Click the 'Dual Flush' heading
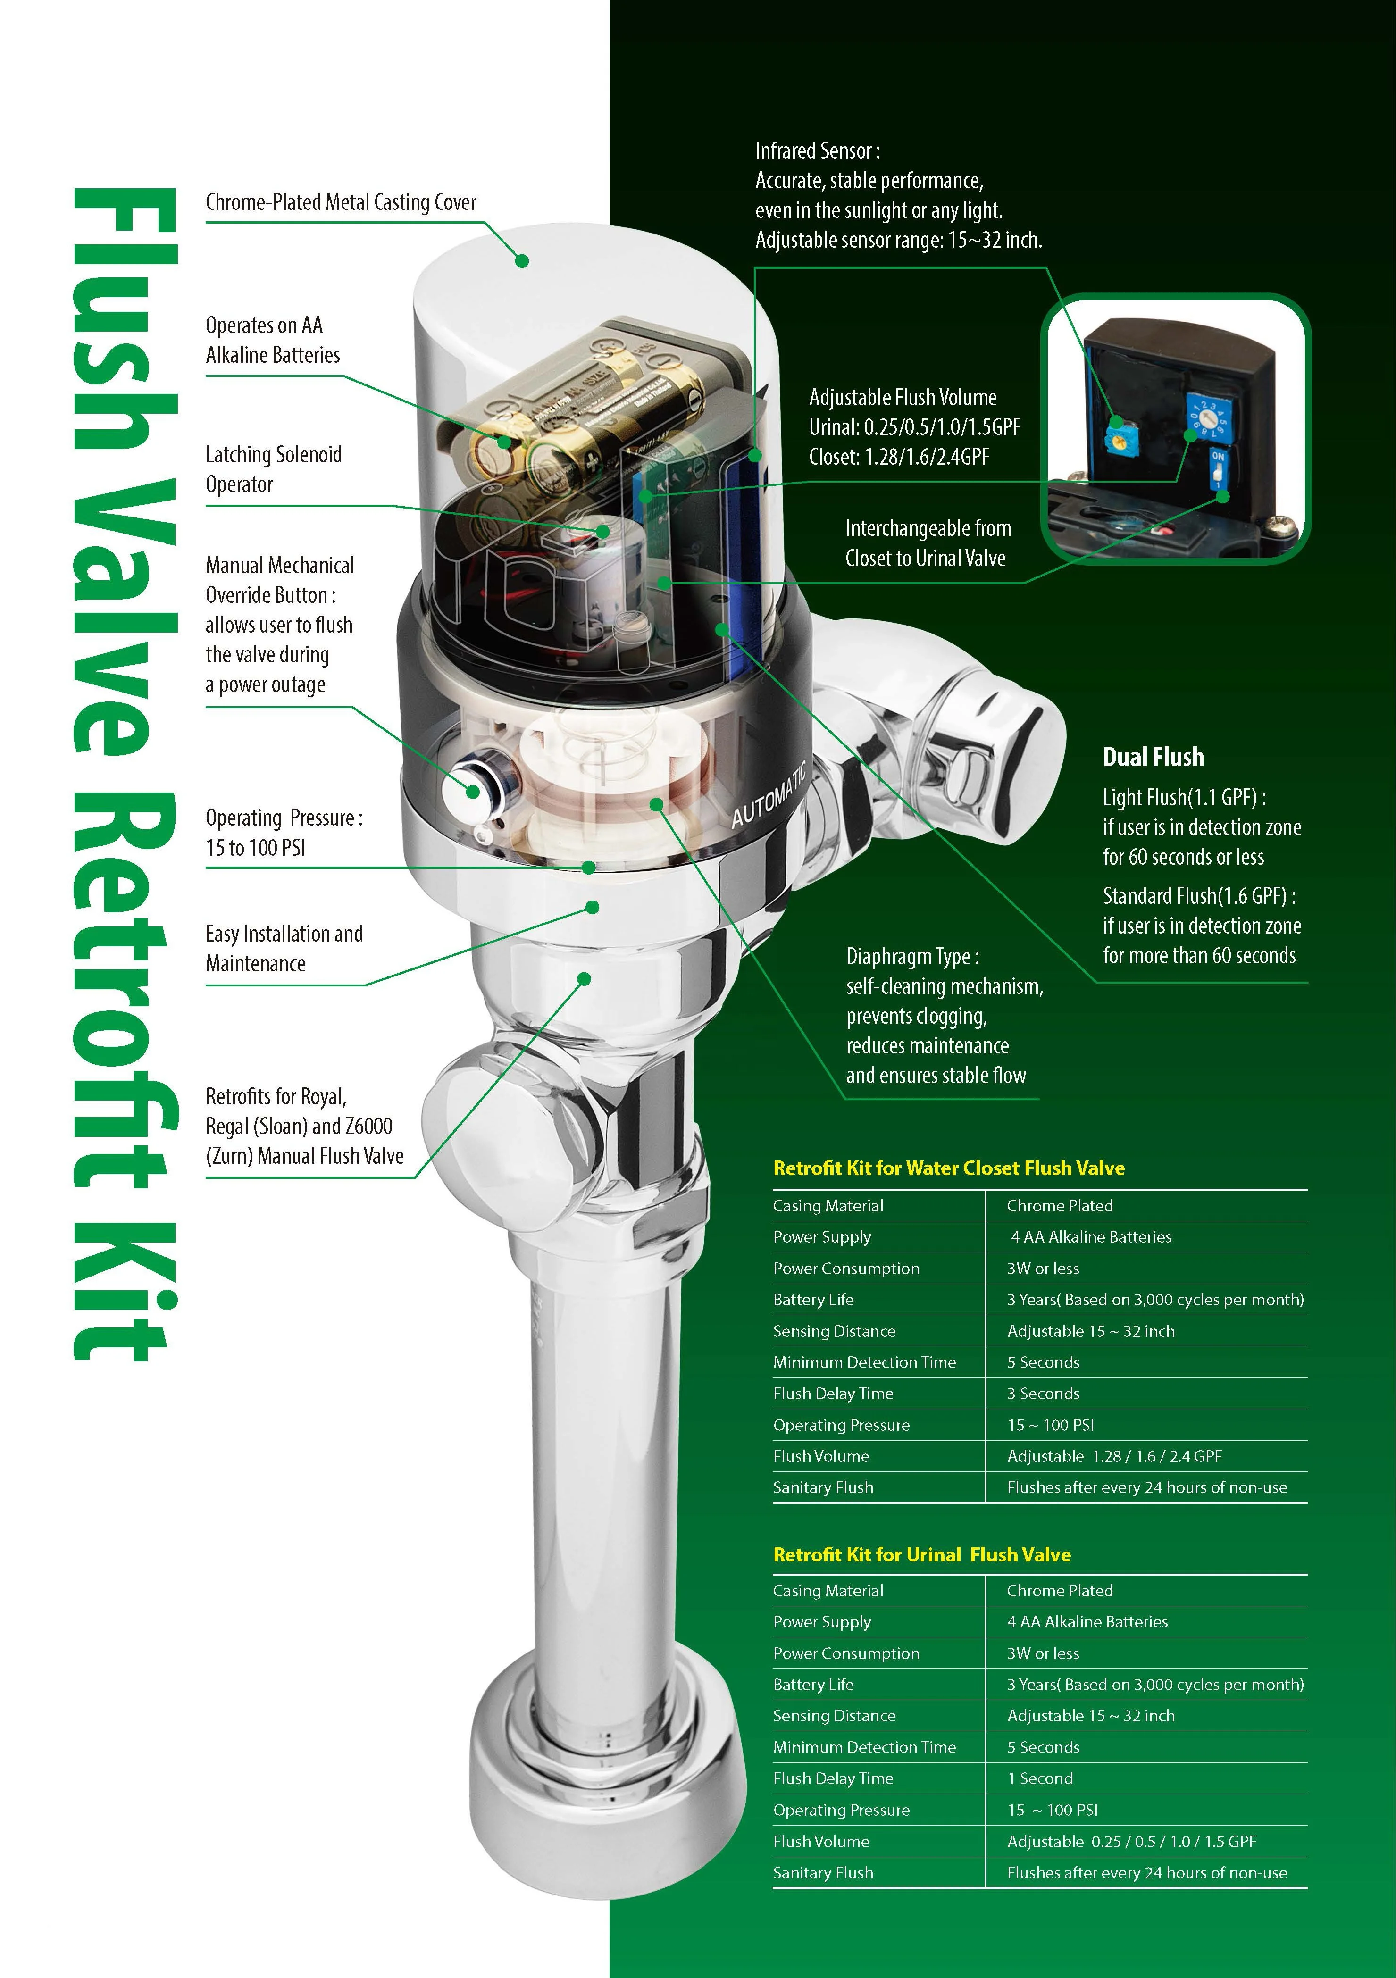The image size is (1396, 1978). click(1153, 757)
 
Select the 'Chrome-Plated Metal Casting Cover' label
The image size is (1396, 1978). click(340, 202)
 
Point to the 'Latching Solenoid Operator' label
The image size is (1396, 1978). click(273, 469)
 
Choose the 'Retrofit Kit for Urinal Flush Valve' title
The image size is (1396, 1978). click(921, 1555)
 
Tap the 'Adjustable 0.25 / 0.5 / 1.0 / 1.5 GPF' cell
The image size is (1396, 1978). click(1131, 1842)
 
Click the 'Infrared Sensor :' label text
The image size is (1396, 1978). click(817, 151)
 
